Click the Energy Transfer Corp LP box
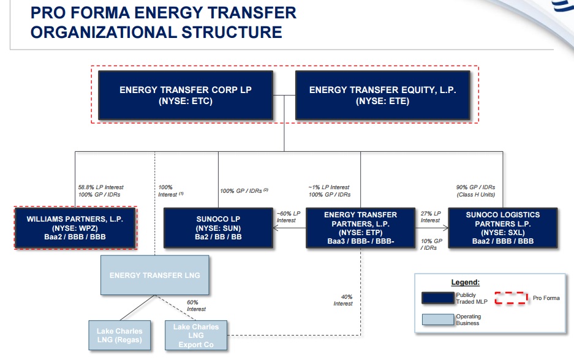pyautogui.click(x=185, y=95)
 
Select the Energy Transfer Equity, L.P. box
pyautogui.click(x=382, y=95)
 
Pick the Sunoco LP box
pyautogui.click(x=217, y=228)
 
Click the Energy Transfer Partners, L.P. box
pyautogui.click(x=360, y=228)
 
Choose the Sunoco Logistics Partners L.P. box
pyautogui.click(x=503, y=228)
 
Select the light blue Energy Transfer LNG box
pyautogui.click(x=154, y=276)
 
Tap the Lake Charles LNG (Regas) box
pyautogui.click(x=119, y=335)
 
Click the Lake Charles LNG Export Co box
pyautogui.click(x=196, y=336)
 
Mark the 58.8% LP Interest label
pyautogui.click(x=100, y=187)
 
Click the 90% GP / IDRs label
pyautogui.click(x=475, y=187)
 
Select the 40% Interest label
pyautogui.click(x=343, y=300)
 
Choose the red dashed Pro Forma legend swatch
pyautogui.click(x=510, y=298)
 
